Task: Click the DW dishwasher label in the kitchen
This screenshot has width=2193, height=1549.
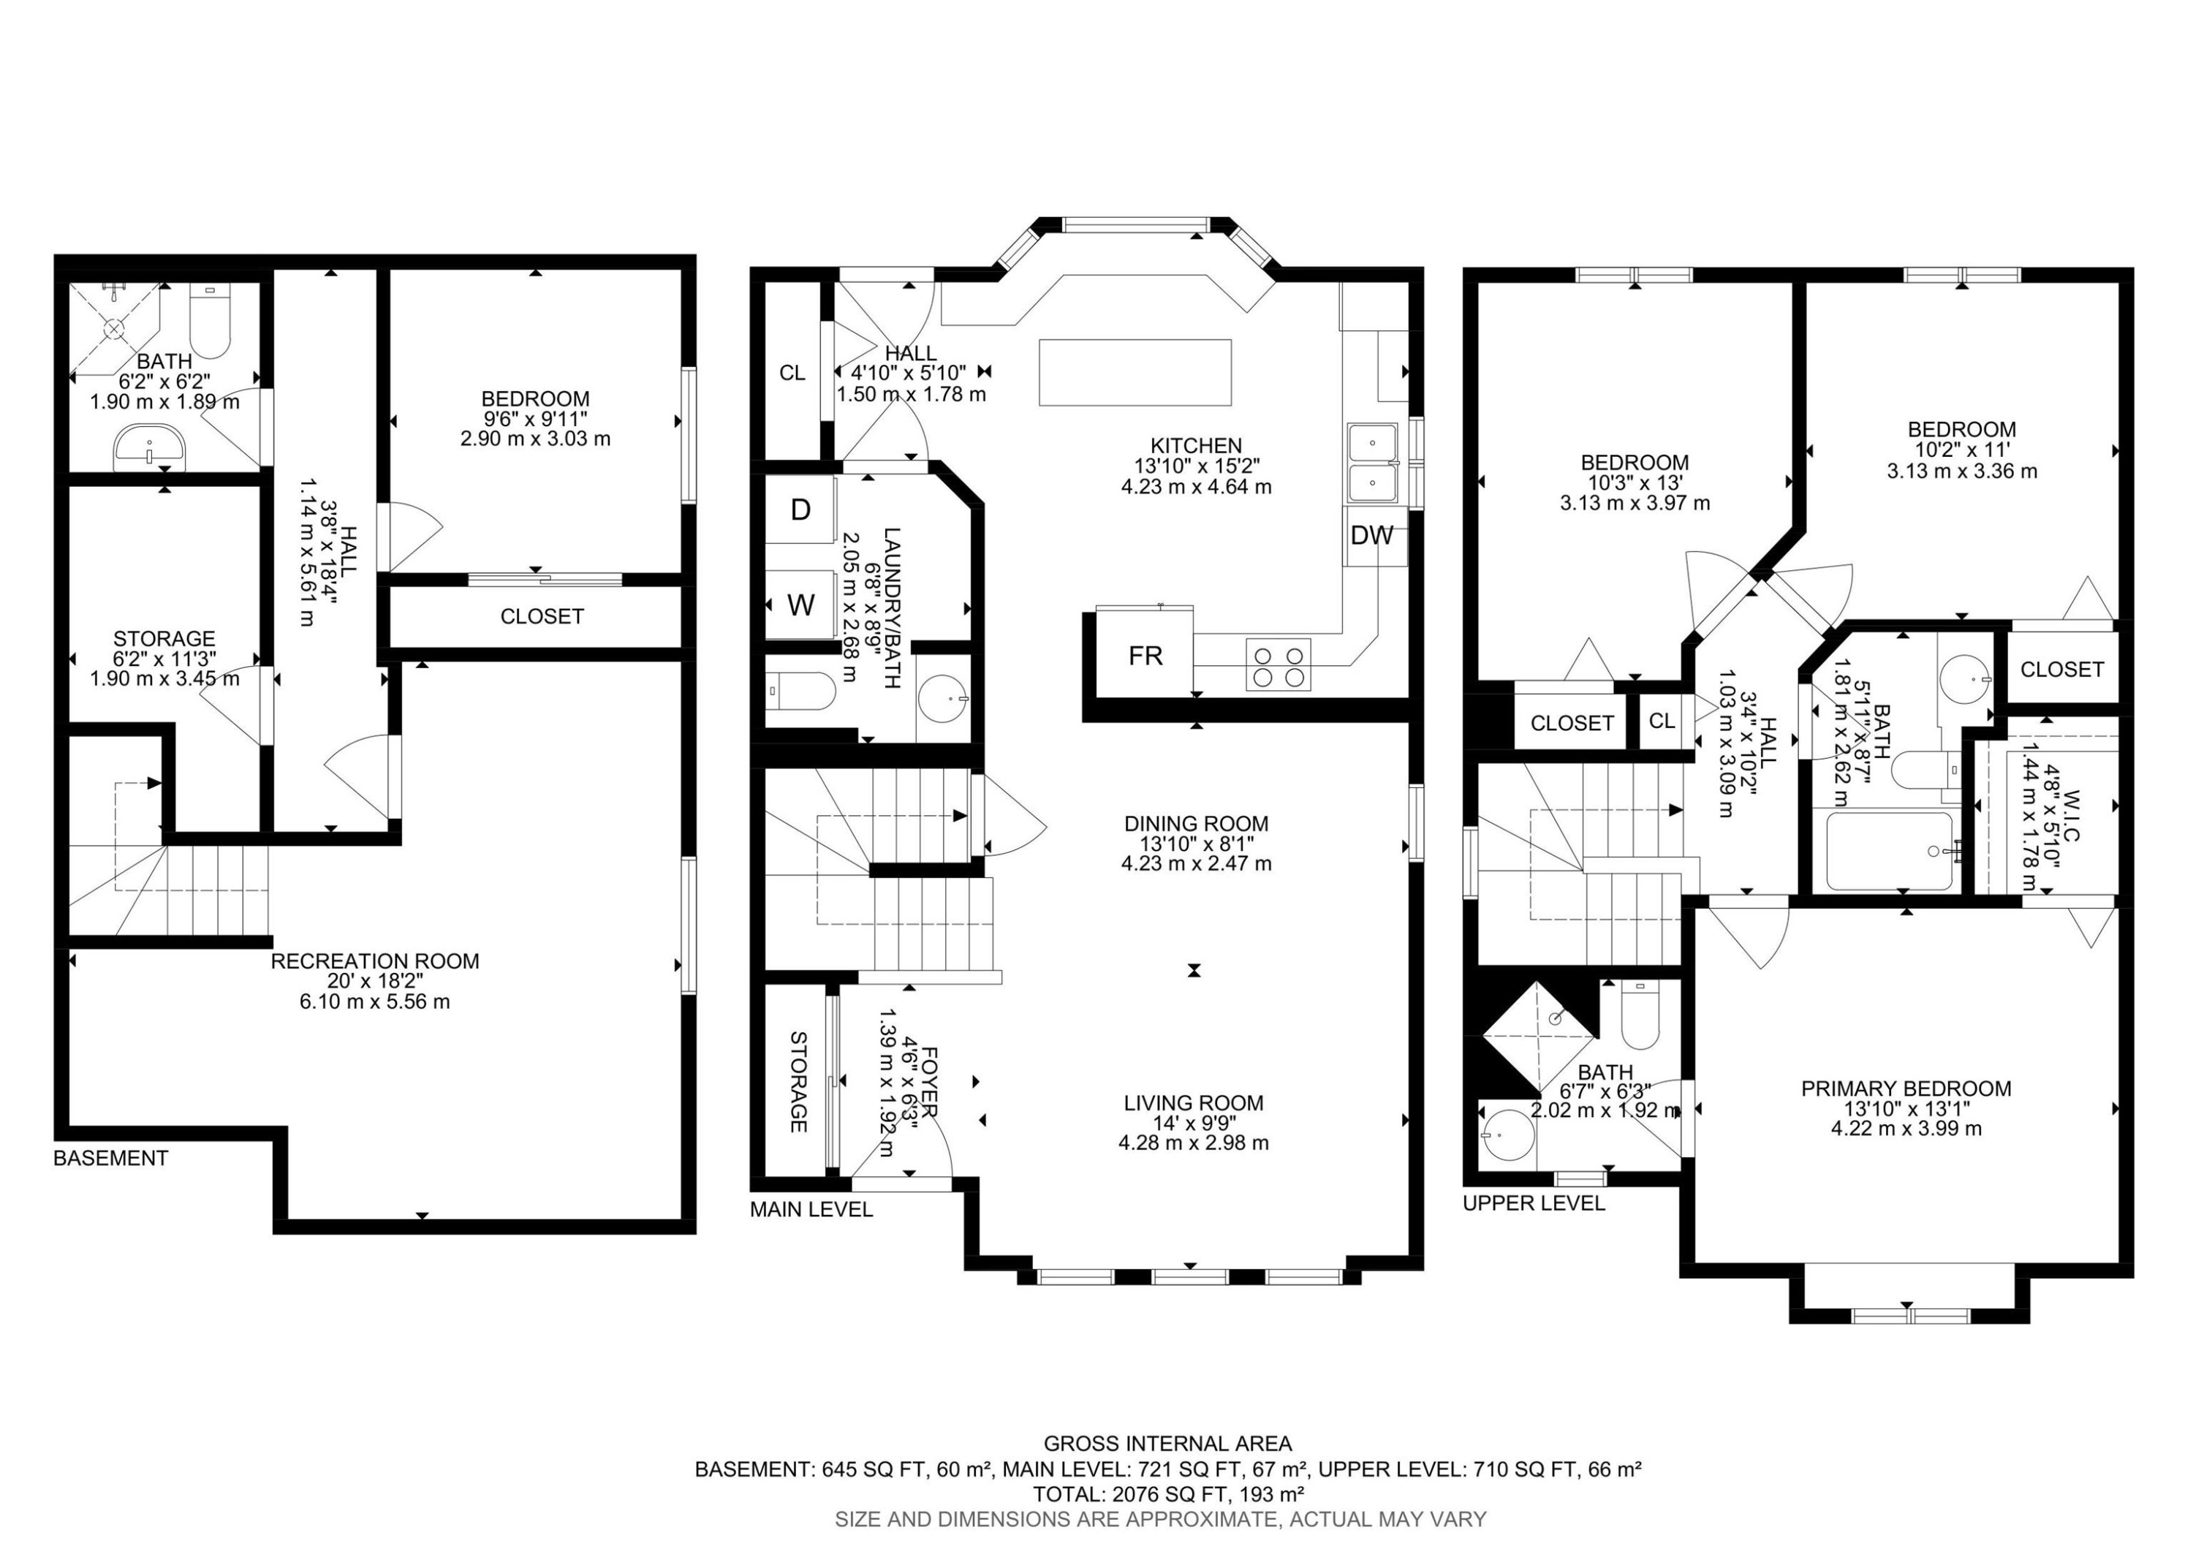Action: coord(1371,536)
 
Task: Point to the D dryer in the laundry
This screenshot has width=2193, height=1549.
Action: coord(800,510)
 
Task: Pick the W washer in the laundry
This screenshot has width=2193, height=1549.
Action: coord(800,604)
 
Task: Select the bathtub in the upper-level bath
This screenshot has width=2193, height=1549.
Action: coord(1888,850)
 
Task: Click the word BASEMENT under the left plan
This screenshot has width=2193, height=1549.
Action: coord(111,1159)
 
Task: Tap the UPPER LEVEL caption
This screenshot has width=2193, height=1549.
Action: coord(1533,1203)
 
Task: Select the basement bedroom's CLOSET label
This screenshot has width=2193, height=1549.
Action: coord(542,617)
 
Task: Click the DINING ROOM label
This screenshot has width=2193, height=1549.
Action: coord(1196,823)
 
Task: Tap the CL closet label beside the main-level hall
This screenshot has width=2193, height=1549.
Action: coord(792,373)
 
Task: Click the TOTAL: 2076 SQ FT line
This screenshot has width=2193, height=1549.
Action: coord(1167,1493)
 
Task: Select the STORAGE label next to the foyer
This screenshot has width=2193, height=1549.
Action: coord(798,1081)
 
